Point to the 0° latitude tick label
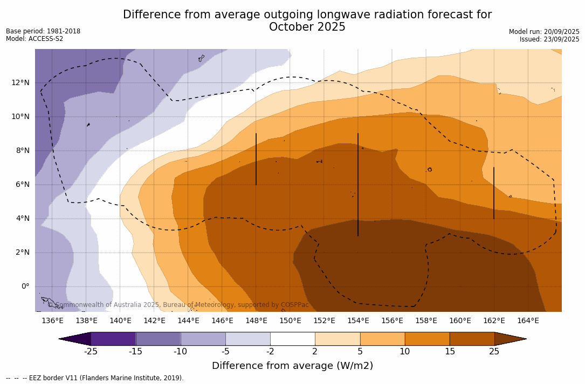[25, 286]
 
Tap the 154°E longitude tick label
[358, 320]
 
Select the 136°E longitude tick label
[52, 320]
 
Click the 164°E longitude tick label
[528, 320]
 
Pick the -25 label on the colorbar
[91, 352]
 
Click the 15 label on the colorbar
[450, 352]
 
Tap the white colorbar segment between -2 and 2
[292, 339]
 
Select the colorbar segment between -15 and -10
[158, 339]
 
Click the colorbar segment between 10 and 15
[427, 339]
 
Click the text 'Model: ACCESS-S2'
[35, 39]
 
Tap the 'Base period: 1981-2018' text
[43, 31]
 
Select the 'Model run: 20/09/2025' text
[544, 32]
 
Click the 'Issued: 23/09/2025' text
[549, 39]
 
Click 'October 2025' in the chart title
[307, 27]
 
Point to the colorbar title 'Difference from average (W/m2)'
[292, 366]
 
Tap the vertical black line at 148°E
[256, 159]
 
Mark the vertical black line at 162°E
[494, 193]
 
